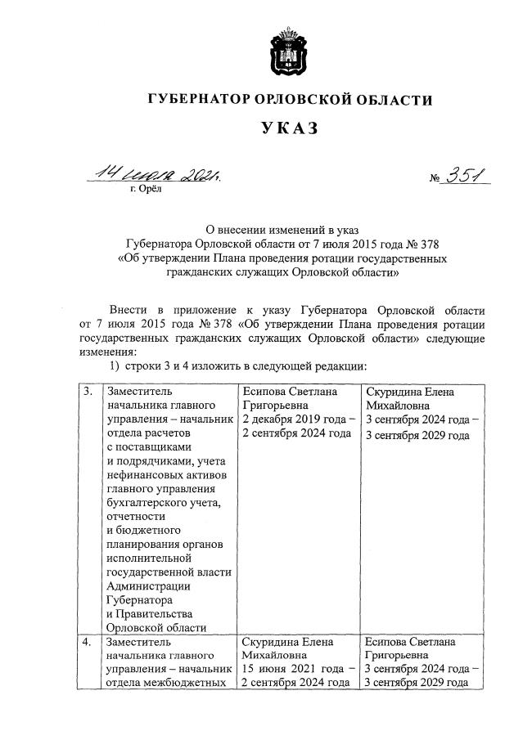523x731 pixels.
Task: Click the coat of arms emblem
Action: click(286, 50)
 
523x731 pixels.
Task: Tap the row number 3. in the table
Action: click(87, 392)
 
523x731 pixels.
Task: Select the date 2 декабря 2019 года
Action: click(299, 419)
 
